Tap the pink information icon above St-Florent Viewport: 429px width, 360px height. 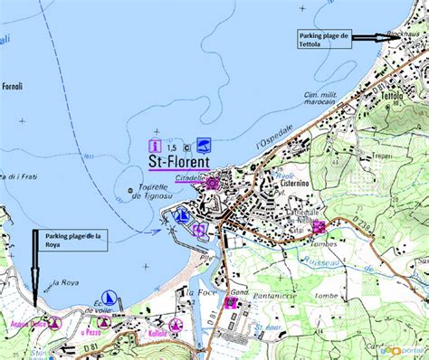point(155,145)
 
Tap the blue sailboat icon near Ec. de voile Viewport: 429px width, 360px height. point(110,298)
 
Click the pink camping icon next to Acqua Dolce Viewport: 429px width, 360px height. point(53,322)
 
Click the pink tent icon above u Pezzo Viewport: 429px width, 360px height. point(104,322)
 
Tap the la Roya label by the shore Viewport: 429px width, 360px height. point(64,283)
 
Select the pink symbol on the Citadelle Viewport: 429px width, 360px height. point(212,184)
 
